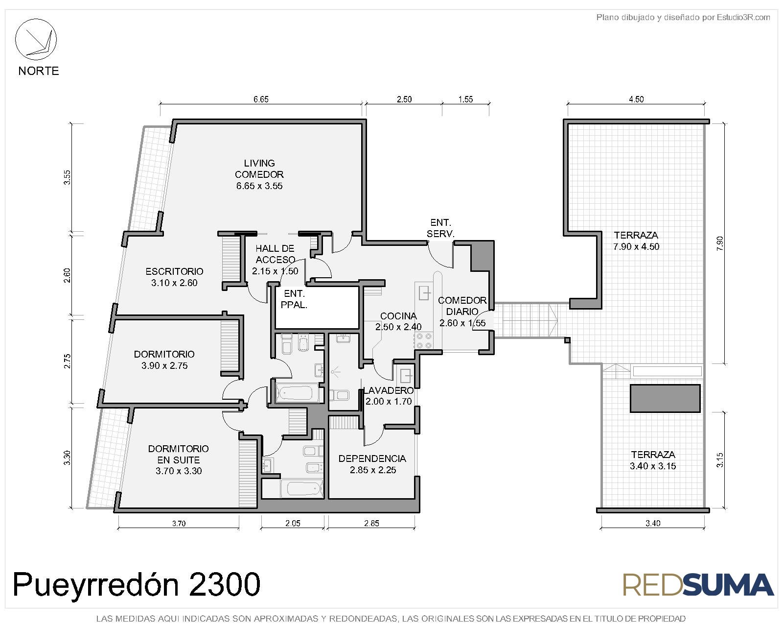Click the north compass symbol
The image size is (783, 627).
(36, 39)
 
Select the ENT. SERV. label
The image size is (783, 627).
(440, 228)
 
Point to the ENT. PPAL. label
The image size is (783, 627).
(294, 299)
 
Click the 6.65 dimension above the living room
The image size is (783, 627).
(261, 99)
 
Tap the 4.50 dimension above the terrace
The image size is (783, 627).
(636, 99)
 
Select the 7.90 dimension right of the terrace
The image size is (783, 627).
(719, 243)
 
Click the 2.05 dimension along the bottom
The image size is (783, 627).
(293, 524)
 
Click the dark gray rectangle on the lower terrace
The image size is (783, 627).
(665, 399)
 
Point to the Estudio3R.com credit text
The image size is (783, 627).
(683, 18)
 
